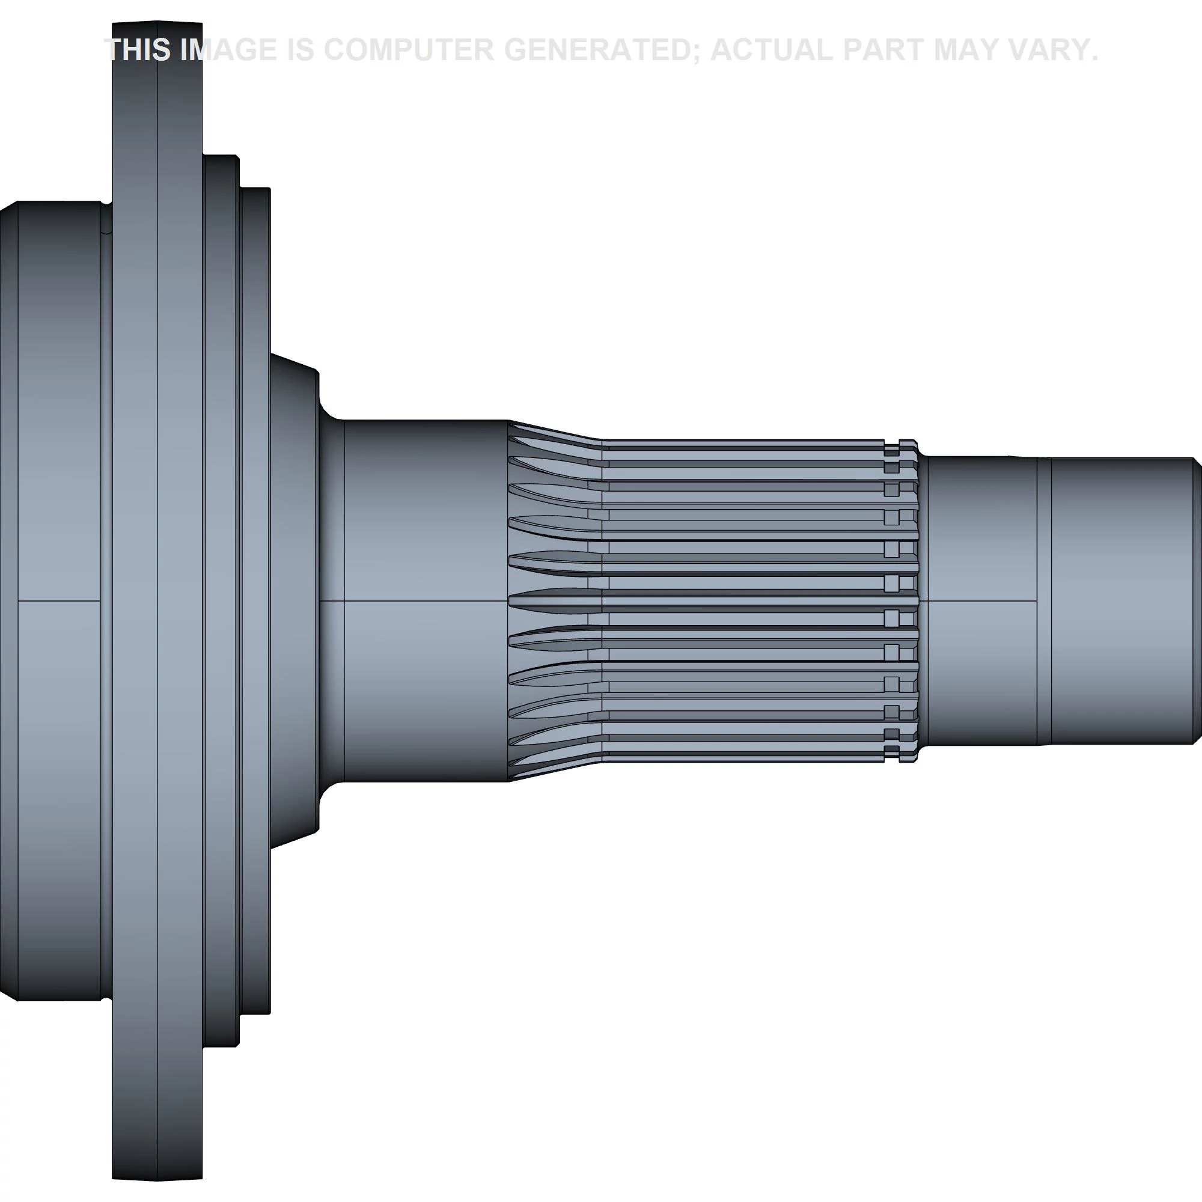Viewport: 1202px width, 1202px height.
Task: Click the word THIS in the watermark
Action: (138, 50)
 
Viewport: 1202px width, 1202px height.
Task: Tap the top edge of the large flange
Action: (157, 23)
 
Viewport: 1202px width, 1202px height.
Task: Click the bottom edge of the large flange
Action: (157, 1179)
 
